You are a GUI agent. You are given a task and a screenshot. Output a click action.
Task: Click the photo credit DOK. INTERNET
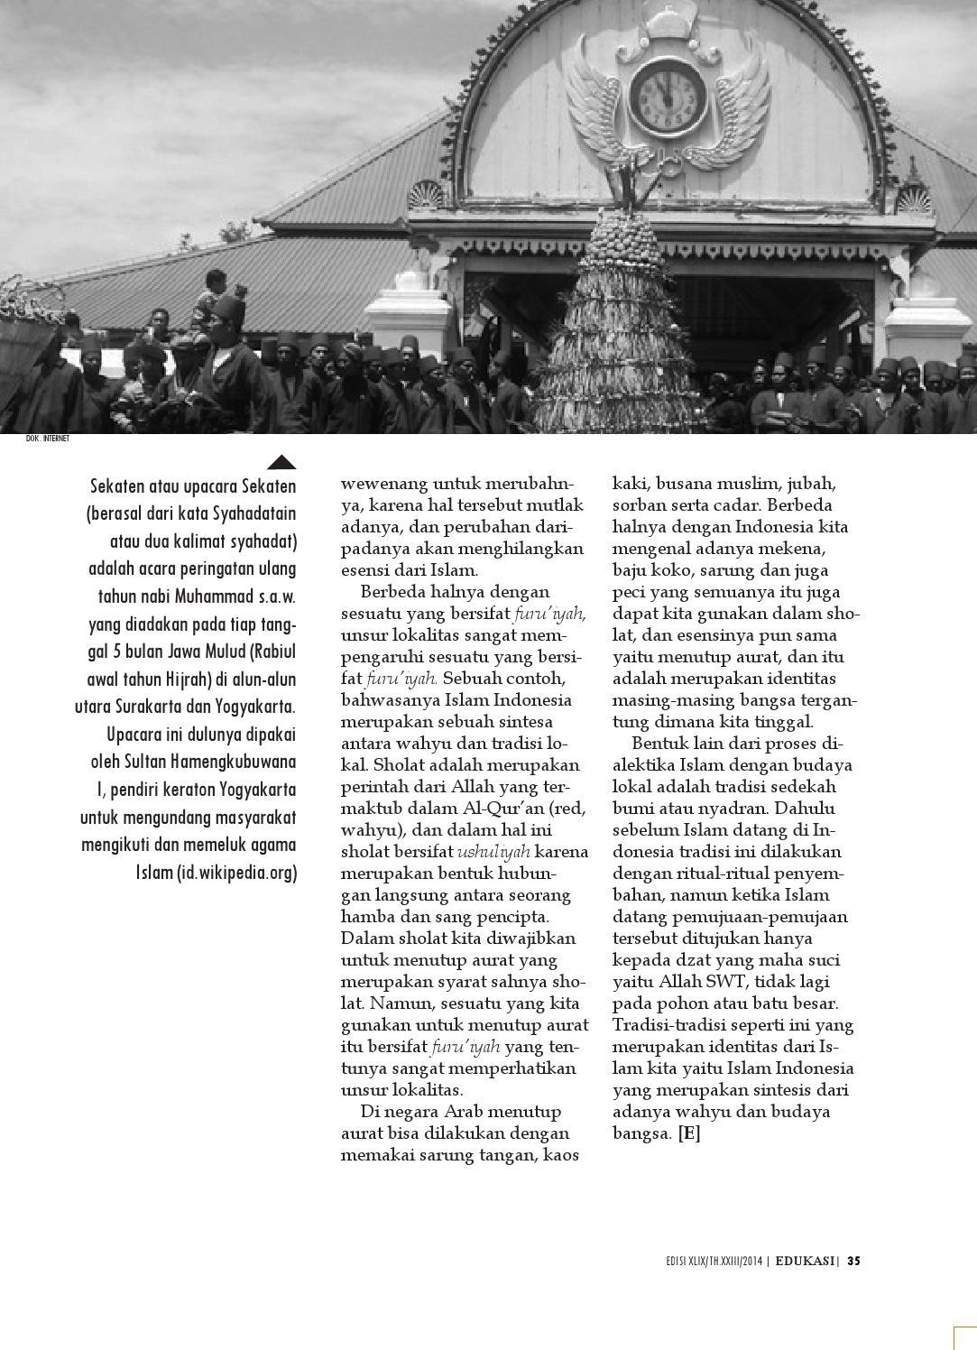point(48,439)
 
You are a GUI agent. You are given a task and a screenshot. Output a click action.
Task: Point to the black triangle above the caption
point(282,462)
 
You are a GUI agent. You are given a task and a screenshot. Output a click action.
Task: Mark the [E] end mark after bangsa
point(689,1133)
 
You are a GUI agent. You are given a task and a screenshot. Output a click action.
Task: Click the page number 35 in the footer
point(853,1261)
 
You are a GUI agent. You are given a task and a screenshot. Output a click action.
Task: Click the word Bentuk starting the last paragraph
point(659,743)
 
